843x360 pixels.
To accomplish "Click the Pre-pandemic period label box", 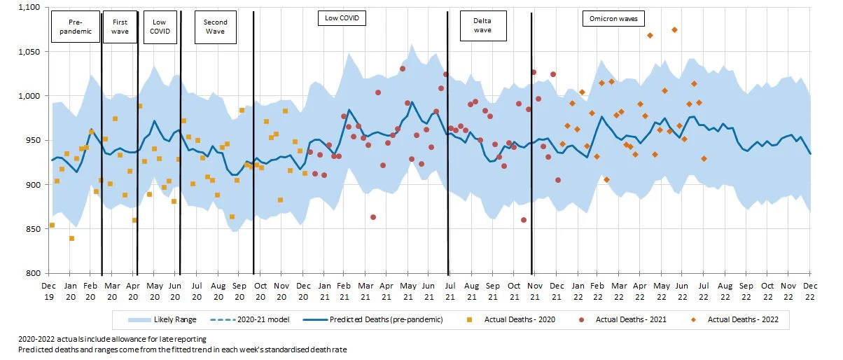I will (76, 27).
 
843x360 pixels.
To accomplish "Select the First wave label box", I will (120, 27).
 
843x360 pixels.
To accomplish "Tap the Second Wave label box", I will (215, 27).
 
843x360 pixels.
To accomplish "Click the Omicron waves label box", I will (613, 19).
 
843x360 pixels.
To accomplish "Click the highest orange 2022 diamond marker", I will (674, 29).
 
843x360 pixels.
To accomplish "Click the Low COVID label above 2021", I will (342, 18).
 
